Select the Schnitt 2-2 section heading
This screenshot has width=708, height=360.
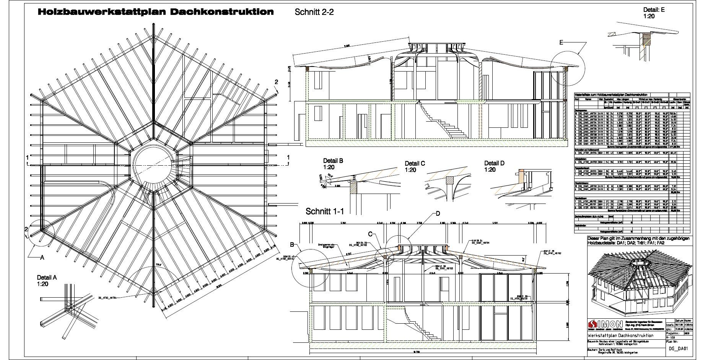tap(314, 12)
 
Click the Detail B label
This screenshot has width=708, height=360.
tap(333, 161)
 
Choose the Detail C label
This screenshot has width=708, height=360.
tap(415, 163)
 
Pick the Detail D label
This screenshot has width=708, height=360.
tap(495, 163)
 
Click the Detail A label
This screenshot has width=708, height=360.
tap(47, 277)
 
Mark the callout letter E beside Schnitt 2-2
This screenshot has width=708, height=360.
tap(561, 43)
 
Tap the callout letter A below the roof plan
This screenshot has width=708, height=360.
tap(42, 258)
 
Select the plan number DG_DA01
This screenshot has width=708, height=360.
tap(679, 349)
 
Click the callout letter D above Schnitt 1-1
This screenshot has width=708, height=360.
tap(438, 213)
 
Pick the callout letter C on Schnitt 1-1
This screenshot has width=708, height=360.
tap(370, 233)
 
